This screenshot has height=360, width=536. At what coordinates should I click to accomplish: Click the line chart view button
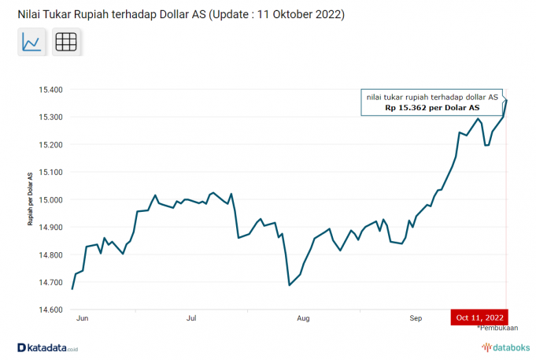(x=32, y=43)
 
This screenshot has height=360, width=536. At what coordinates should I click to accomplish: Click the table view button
(x=67, y=43)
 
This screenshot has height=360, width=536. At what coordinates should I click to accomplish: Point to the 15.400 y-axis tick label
(x=51, y=90)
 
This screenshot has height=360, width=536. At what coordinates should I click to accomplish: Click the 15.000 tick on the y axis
(x=51, y=200)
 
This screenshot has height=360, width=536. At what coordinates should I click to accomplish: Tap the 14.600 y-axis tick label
(x=51, y=310)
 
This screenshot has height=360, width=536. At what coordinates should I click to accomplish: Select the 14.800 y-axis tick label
(x=51, y=255)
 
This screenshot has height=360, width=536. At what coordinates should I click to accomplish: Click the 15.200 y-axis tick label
(x=51, y=145)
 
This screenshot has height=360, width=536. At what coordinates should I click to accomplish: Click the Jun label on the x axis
(x=81, y=319)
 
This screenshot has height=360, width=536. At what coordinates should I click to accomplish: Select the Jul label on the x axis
(x=191, y=319)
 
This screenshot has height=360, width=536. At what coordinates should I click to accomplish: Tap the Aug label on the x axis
(x=303, y=319)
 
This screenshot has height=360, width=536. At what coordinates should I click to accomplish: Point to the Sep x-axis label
(x=416, y=319)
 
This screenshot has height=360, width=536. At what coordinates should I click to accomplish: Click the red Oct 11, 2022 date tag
(x=480, y=317)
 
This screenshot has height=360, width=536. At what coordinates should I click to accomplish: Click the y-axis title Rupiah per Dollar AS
(x=31, y=199)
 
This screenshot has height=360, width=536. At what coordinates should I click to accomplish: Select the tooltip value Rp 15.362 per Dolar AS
(x=432, y=108)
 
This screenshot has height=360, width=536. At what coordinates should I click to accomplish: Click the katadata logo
(x=48, y=347)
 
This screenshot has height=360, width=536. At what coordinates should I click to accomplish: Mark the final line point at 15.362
(x=506, y=100)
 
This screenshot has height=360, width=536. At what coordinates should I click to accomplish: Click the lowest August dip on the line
(x=290, y=285)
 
